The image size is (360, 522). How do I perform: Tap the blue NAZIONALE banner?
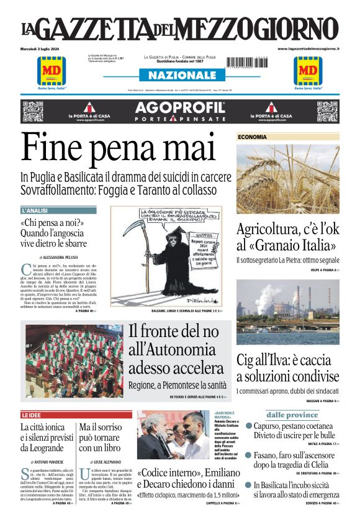[x=181, y=75]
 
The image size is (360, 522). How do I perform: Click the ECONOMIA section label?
[x=253, y=137]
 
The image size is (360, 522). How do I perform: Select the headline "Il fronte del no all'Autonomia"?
[x=178, y=351]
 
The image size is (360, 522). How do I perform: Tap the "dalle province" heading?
[x=292, y=415]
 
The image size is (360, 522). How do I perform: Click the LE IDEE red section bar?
[x=76, y=415]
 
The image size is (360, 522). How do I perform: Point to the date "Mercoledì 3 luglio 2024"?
[x=43, y=48]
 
